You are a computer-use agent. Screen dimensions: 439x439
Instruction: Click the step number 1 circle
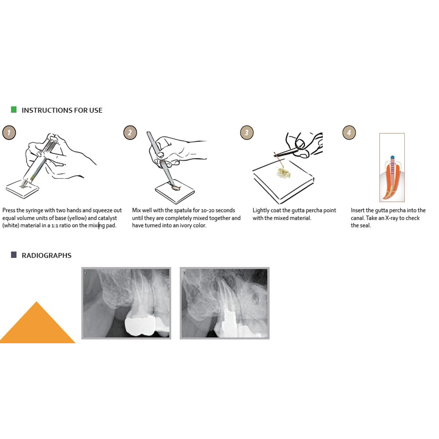pyautogui.click(x=9, y=132)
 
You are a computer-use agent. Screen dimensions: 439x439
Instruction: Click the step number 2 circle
pyautogui.click(x=130, y=132)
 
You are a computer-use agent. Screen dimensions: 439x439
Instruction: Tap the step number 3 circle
pyautogui.click(x=247, y=132)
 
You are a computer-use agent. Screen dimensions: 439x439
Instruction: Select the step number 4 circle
pyautogui.click(x=349, y=132)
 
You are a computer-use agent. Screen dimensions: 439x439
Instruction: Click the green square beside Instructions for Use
pyautogui.click(x=14, y=109)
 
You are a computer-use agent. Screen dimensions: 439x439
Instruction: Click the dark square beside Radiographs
pyautogui.click(x=14, y=255)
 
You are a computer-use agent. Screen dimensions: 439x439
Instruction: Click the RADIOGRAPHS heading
pyautogui.click(x=47, y=255)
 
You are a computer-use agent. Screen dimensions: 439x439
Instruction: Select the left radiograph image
pyautogui.click(x=126, y=303)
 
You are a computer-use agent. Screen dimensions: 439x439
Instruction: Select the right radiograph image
pyautogui.click(x=225, y=303)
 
